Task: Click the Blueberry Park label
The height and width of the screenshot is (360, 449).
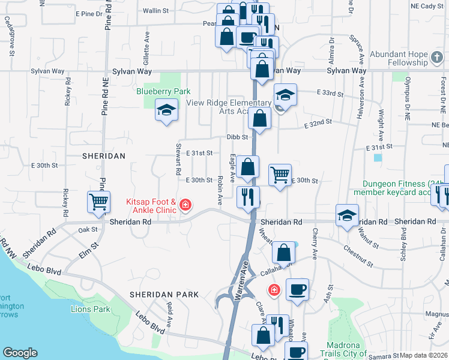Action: point(163,91)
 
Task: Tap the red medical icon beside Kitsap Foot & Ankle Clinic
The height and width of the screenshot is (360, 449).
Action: point(185,206)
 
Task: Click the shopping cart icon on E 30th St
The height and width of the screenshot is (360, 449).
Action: point(280,175)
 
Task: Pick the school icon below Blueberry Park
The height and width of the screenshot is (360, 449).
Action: point(166,110)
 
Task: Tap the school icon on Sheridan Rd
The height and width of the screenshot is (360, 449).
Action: point(347,216)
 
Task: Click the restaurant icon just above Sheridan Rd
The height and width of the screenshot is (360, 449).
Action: point(248,196)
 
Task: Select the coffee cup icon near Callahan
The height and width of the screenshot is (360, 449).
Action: point(297,290)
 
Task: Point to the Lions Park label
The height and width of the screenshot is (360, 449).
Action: point(91,309)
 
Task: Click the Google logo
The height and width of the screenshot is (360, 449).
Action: point(20,353)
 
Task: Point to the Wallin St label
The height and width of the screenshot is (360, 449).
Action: point(155,11)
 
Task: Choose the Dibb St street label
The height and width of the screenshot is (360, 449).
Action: point(237,137)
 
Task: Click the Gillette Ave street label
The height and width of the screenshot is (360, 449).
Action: point(146,53)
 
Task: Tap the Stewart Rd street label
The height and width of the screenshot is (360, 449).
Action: point(178,159)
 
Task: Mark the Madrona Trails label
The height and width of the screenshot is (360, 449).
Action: point(342,349)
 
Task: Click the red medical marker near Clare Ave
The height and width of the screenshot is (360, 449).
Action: point(274,290)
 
